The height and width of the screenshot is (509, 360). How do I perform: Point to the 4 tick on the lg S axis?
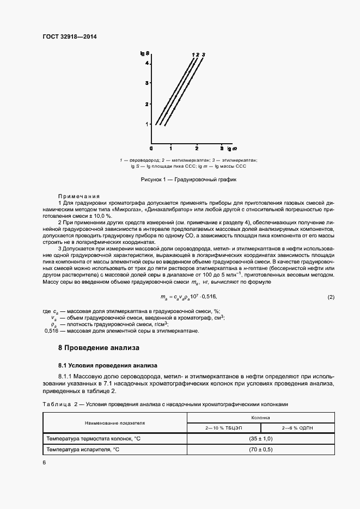coord(147,64)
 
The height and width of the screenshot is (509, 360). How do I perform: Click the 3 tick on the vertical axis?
coord(147,83)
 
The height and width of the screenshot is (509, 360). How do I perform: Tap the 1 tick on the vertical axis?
coord(147,124)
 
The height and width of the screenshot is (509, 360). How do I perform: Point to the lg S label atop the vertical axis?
coord(144,53)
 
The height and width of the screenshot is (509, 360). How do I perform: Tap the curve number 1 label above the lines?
coord(193,54)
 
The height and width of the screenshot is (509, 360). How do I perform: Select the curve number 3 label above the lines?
coord(203,54)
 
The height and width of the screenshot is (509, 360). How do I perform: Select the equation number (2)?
coord(331,296)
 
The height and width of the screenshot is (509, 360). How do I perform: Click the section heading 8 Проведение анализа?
coord(99,347)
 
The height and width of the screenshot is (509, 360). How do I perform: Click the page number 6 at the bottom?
coord(44,462)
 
